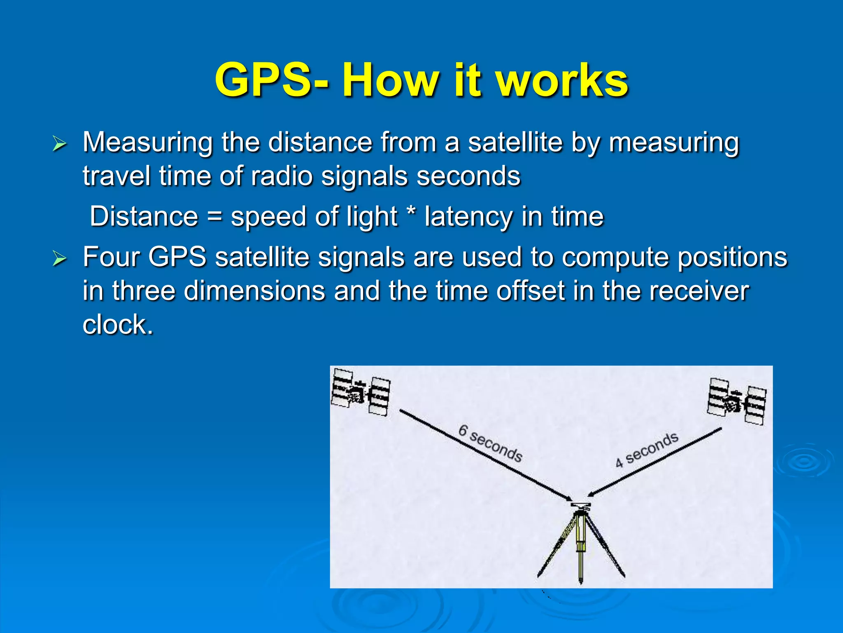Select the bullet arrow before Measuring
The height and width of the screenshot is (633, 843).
coord(59,144)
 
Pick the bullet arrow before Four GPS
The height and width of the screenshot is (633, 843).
coord(59,259)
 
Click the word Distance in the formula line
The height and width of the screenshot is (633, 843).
coord(144,216)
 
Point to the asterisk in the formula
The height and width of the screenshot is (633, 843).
coord(410,213)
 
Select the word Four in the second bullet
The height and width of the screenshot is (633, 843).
coord(111,257)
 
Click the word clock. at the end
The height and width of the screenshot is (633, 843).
coord(118,325)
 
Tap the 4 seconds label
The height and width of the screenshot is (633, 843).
coord(647,450)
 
